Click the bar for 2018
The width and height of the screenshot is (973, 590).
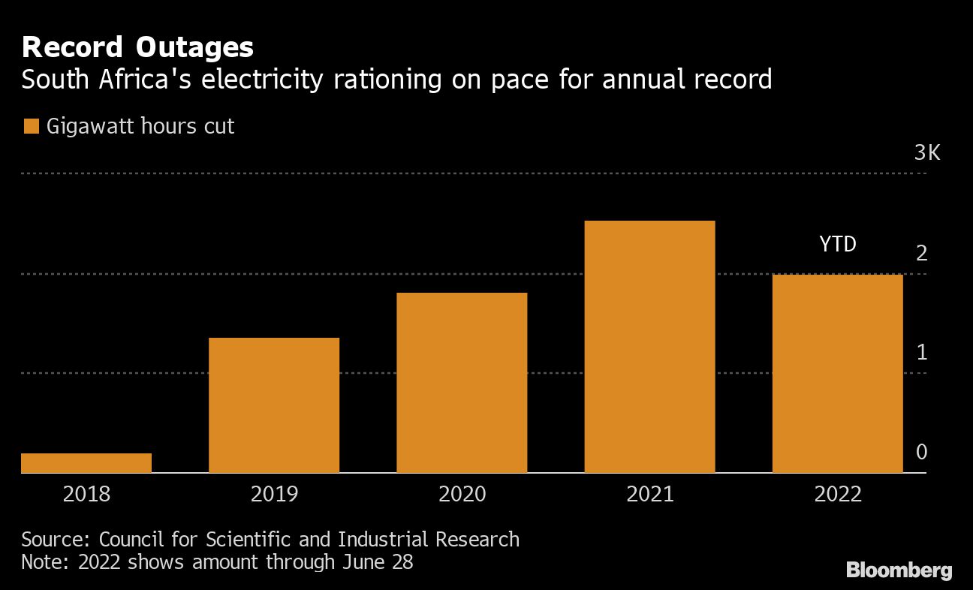[86, 463]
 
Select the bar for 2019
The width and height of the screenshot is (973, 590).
[274, 405]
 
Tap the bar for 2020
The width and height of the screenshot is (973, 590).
[462, 383]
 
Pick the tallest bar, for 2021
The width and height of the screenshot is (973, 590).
[649, 347]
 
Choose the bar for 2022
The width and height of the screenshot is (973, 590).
[837, 374]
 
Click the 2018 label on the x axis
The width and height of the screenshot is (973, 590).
[86, 494]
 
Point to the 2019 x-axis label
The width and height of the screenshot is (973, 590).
[274, 494]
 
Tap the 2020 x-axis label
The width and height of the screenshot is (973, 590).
[462, 494]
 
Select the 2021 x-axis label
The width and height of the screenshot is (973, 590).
[649, 494]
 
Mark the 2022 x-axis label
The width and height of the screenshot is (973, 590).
[837, 494]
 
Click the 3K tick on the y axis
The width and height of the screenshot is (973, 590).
[926, 154]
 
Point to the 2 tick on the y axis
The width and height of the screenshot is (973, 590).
[922, 254]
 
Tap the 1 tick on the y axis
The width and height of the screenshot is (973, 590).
[922, 353]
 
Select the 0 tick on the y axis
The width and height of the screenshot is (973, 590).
[922, 452]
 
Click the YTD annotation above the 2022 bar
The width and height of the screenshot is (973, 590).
[837, 244]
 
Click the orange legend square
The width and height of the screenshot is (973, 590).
[31, 126]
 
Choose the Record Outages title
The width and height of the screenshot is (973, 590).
[137, 48]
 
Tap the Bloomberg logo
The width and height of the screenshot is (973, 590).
[899, 570]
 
